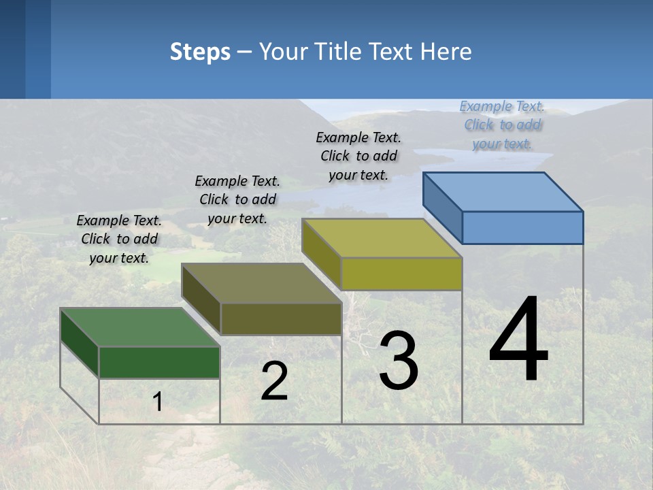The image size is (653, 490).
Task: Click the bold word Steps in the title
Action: (200, 52)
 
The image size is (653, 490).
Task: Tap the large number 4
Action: (518, 340)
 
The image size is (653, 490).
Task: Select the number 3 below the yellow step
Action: (398, 361)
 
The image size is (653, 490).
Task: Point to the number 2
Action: (274, 382)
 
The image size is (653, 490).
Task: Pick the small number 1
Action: (157, 402)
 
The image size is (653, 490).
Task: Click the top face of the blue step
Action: (503, 192)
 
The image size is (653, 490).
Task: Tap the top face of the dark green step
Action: (139, 327)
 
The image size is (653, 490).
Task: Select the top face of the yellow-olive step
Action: (382, 238)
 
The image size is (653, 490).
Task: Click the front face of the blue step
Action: (522, 227)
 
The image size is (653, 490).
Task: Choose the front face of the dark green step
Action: (159, 362)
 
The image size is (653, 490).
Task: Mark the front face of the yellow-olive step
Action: (401, 274)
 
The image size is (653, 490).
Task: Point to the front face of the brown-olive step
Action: (281, 318)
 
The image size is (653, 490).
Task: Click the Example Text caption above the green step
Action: (119, 239)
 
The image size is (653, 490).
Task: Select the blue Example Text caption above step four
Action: (502, 125)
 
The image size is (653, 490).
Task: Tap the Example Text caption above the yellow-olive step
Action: (358, 156)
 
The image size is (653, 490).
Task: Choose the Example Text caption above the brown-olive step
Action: (237, 199)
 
